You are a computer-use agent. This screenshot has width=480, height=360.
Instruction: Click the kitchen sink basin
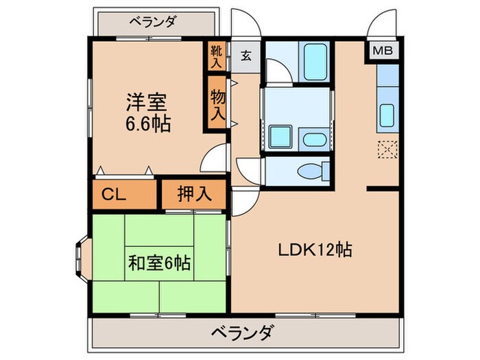coord(387,117)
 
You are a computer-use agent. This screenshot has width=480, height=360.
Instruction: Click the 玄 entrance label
coord(245,56)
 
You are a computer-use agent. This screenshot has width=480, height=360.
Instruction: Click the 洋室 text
coord(146,103)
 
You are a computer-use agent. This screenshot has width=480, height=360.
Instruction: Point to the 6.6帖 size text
coord(147,125)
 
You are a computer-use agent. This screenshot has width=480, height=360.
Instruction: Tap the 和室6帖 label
coord(159,262)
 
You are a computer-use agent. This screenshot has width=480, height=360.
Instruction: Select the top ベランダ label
coord(152,22)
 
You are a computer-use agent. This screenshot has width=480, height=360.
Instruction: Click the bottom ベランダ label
coord(241,334)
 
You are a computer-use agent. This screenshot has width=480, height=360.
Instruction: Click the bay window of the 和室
coord(80,261)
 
